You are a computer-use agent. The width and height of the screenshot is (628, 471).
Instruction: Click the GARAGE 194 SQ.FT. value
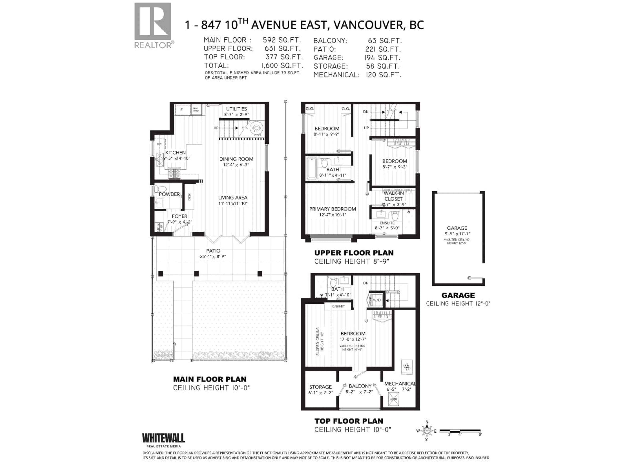(382, 58)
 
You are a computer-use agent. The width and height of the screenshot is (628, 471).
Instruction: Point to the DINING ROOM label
(236, 159)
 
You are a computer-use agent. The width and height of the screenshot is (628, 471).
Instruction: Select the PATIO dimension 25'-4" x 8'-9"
(213, 256)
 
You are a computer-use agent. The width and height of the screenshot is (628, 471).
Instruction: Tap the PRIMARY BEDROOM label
(332, 209)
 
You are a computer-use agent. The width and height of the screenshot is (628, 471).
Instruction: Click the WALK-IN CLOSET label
(393, 196)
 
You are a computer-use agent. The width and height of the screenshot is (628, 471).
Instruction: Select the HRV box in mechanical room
(393, 399)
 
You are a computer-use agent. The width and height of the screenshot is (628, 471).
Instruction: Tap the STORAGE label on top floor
(320, 387)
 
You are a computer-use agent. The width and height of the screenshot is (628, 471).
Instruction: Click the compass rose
(427, 431)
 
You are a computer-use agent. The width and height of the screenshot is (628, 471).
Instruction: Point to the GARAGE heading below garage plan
(458, 295)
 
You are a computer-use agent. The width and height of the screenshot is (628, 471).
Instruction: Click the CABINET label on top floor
(338, 306)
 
